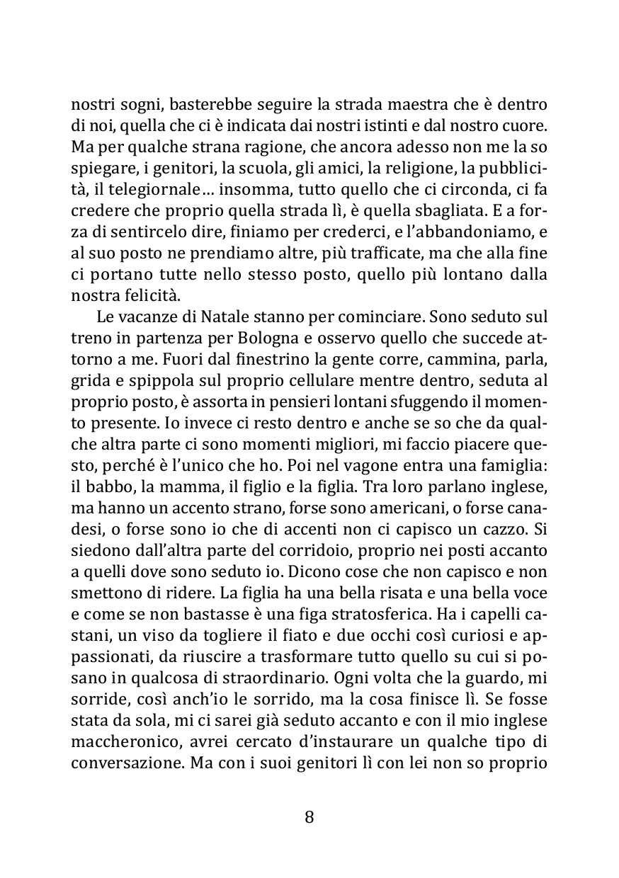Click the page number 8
click(309, 817)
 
